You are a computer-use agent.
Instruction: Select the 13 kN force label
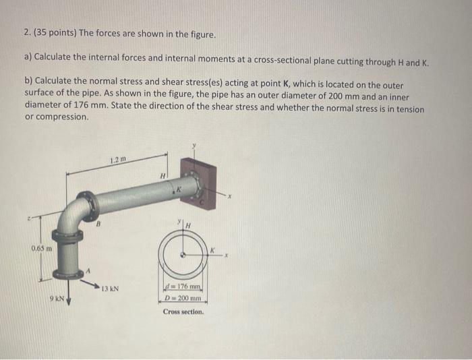110,289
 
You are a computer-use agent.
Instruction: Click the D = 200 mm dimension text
183,298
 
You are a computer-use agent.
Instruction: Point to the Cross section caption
183,312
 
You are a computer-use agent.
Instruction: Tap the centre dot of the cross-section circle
183,255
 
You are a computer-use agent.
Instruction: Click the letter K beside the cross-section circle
211,249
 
